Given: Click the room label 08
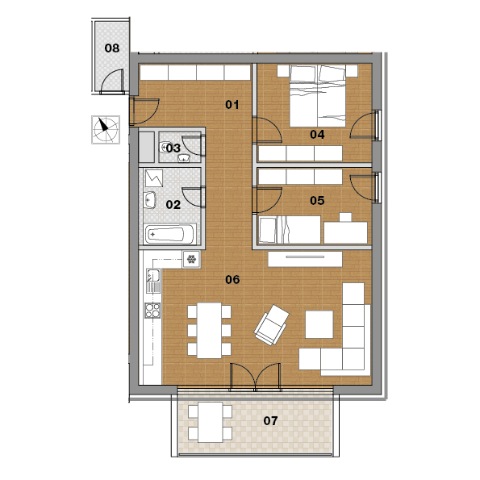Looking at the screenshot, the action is (x=112, y=48).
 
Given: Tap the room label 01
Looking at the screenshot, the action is (x=232, y=105).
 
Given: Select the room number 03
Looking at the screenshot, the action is (x=173, y=148).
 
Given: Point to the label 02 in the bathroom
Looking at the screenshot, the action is (x=173, y=204).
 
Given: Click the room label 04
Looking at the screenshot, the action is (x=317, y=134).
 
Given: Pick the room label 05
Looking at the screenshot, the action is (x=317, y=201).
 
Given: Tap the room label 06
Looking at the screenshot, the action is (x=232, y=279).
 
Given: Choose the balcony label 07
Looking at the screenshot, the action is (x=270, y=421).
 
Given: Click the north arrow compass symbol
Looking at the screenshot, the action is (x=106, y=130).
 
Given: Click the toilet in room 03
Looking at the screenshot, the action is (x=165, y=148).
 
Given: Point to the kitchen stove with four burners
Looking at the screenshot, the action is (x=152, y=310).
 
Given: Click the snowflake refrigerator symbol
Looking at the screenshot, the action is (x=192, y=260).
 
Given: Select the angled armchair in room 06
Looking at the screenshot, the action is (x=272, y=325).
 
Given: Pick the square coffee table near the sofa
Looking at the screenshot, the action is (x=319, y=324).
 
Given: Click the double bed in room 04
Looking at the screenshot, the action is (x=318, y=96).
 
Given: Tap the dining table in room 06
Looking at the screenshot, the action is (x=209, y=330).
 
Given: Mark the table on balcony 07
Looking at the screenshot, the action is (x=210, y=422).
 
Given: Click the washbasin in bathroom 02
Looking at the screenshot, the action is (x=150, y=200).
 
